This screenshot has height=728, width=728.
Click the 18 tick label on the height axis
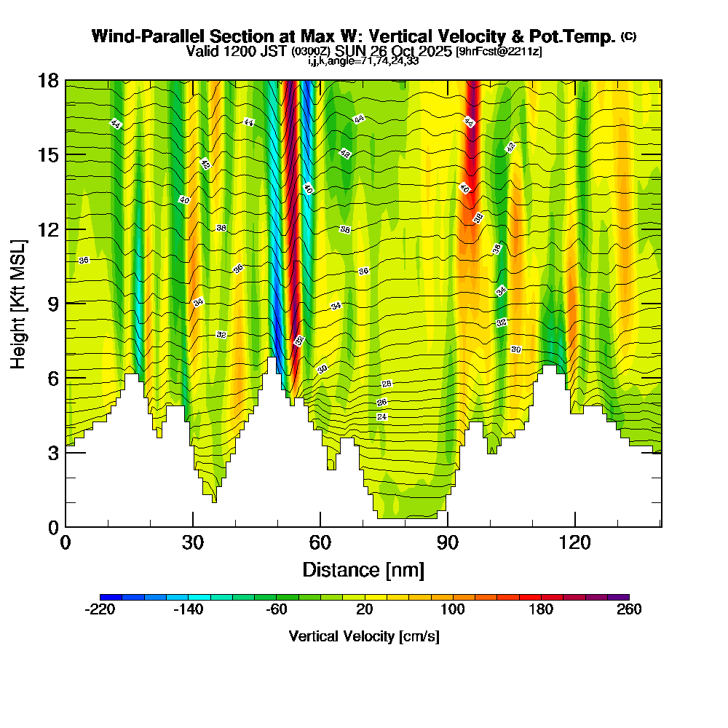47,80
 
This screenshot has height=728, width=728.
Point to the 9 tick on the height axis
66,303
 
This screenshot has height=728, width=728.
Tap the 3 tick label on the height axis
52,452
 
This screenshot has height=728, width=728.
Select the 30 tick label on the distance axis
193,542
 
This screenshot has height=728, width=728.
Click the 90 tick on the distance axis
448,526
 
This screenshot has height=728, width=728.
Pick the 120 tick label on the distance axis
575,542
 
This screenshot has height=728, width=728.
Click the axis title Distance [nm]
363,569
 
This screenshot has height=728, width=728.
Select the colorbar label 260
629,610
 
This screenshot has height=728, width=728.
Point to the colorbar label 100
453,610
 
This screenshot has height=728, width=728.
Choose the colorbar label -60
277,610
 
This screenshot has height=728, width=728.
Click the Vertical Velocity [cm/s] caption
364,636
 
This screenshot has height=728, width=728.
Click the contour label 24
382,416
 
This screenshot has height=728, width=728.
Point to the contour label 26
382,403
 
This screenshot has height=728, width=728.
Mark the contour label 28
387,384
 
